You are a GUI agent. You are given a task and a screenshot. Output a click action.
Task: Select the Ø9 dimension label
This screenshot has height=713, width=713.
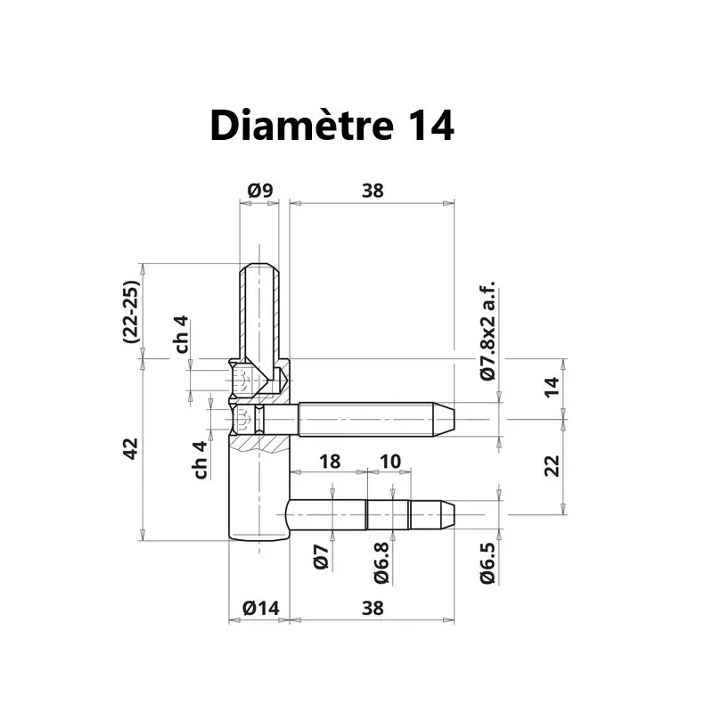coord(260,190)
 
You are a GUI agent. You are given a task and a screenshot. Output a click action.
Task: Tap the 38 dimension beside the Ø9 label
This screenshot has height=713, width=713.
coord(373,190)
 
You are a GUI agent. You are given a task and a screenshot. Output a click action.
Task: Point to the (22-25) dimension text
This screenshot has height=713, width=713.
coord(130,313)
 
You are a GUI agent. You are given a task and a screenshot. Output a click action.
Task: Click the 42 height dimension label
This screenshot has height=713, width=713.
coord(130,449)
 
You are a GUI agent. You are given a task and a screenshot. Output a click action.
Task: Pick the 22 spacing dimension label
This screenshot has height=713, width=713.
coord(552,464)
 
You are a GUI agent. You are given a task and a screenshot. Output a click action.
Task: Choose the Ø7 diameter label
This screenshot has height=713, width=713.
coord(322,557)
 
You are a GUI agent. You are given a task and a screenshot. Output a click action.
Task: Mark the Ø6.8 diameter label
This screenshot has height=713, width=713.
coord(381,563)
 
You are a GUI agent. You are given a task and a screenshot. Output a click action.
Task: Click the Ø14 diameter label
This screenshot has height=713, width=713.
coord(261,608)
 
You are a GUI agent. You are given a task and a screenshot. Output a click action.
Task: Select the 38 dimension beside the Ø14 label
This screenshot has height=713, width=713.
coord(373,608)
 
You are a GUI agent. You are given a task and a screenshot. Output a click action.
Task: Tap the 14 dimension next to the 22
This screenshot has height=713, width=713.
coord(552,387)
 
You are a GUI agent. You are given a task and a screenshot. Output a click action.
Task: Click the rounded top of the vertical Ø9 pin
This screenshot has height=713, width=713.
coord(260,268)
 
